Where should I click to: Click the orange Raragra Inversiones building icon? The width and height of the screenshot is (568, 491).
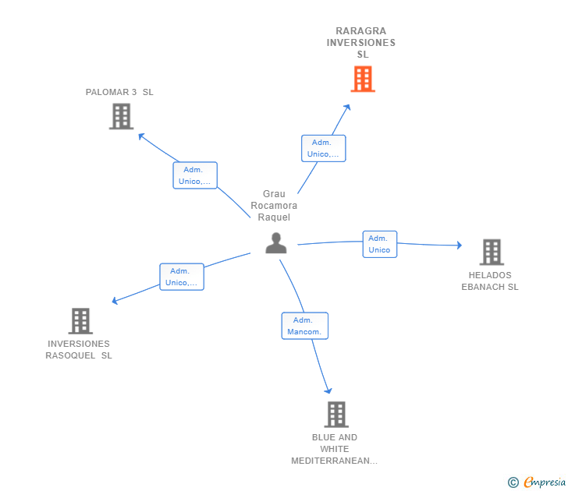coord(363,79)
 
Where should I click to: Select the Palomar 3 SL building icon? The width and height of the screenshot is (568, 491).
coord(122,116)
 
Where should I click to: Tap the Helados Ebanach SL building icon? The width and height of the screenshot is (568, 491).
coord(492,253)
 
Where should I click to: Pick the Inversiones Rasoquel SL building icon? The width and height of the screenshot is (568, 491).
coord(80,321)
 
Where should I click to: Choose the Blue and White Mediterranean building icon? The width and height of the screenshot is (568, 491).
coord(336,415)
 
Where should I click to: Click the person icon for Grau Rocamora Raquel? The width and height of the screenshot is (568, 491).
coord(276,243)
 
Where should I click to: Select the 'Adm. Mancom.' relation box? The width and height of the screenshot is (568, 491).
coord(304,326)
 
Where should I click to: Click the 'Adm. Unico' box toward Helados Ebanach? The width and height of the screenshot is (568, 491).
coord(380,244)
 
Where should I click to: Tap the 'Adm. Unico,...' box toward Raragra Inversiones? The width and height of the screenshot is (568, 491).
coord(324,148)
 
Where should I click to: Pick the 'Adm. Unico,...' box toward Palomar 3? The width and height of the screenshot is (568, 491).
coord(195,175)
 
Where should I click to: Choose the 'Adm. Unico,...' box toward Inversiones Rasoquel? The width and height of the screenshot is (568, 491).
coord(182,277)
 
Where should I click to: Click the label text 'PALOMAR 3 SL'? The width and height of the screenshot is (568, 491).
coord(119,92)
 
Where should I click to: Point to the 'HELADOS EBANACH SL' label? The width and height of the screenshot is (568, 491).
coord(490,281)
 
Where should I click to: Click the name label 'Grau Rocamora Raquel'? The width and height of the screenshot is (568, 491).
coord(274,206)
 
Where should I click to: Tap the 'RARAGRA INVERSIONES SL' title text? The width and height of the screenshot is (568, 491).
coord(361,43)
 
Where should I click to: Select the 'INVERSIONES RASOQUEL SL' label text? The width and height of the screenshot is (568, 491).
coord(79,349)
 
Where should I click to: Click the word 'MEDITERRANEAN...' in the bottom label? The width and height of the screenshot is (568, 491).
coord(335,461)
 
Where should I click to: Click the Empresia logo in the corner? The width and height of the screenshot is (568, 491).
coord(537,482)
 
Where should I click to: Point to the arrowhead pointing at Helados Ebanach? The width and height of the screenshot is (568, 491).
coord(460,245)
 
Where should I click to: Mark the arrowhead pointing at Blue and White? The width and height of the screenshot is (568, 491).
coord(328,390)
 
